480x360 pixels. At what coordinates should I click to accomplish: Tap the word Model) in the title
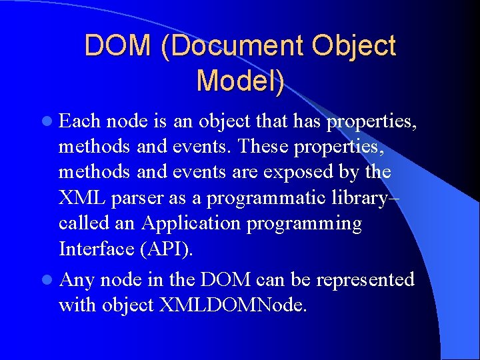pos(241,80)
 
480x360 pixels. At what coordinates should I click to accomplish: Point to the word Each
pos(80,121)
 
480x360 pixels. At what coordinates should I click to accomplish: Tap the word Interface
pos(95,249)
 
